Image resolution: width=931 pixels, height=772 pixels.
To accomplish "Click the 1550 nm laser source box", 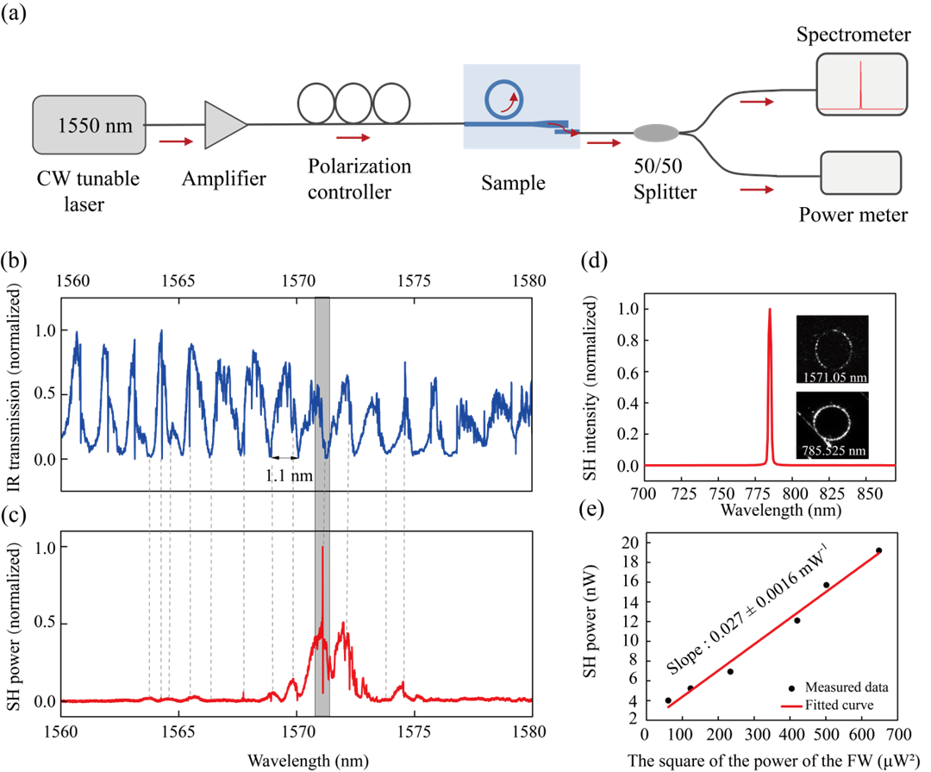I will [x=90, y=125].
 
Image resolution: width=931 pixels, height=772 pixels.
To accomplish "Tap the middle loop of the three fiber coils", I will [x=353, y=104].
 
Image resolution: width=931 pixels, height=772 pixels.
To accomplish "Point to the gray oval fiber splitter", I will [x=656, y=133].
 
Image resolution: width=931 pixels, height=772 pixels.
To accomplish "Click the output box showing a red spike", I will [x=861, y=85].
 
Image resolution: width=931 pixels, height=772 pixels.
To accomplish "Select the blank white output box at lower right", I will [x=860, y=173].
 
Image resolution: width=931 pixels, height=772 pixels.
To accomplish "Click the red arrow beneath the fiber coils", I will [x=353, y=137].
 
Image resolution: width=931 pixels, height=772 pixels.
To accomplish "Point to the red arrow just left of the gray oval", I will [x=603, y=143].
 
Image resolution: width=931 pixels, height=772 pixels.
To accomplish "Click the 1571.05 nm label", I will [x=833, y=377].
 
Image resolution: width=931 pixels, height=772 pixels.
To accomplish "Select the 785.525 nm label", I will [x=833, y=450].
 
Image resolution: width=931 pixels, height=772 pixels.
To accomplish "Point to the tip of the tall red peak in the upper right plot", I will [x=770, y=308].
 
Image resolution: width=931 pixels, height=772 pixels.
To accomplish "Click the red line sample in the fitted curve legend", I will [x=792, y=706].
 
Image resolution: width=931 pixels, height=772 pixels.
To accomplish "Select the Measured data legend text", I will [x=846, y=687].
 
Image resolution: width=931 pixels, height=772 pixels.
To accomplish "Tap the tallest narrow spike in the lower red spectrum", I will [x=322, y=552].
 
